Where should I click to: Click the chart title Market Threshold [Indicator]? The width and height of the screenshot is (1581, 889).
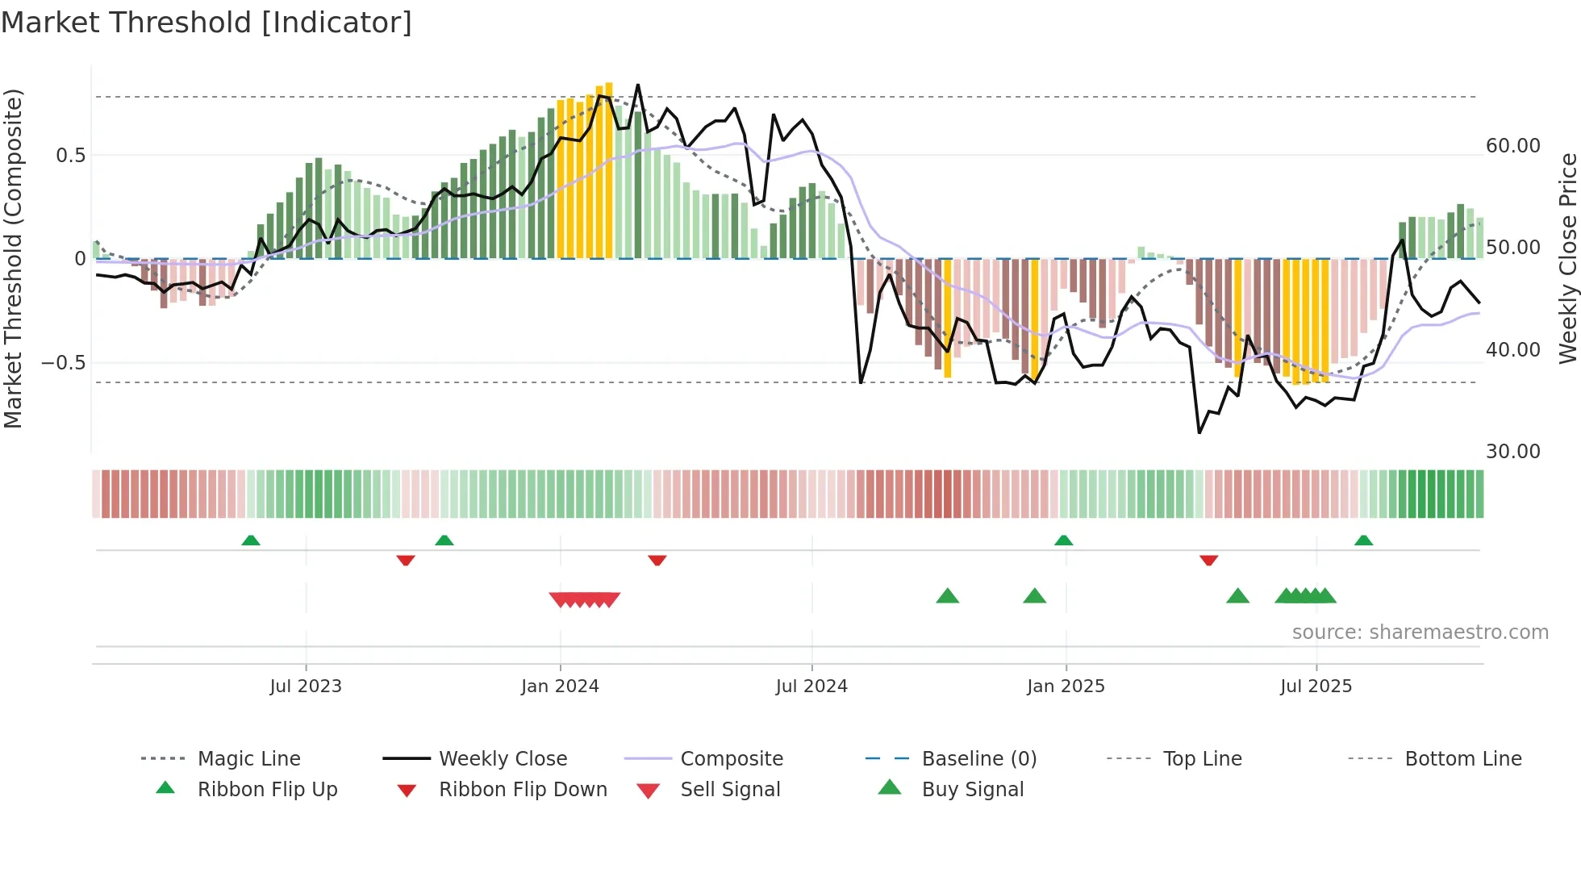point(206,23)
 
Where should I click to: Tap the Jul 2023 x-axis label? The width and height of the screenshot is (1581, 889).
point(306,687)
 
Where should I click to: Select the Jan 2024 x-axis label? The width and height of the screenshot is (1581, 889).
point(560,687)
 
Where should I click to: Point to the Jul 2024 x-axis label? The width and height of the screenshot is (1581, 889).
point(811,687)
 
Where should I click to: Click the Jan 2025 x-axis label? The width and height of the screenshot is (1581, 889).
point(1066,687)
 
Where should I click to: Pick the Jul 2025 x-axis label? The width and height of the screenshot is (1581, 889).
point(1316,687)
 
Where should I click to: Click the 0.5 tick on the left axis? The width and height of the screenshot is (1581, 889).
point(70,156)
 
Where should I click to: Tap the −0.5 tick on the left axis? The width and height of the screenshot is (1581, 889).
point(63,363)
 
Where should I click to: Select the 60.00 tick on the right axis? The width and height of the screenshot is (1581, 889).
point(1513,146)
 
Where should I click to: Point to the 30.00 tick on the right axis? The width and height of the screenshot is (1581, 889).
point(1513,452)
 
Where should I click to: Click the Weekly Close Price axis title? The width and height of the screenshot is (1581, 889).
point(1567,258)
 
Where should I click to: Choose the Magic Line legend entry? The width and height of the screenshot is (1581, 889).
point(248,759)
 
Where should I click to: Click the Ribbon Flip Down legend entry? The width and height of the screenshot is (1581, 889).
point(523,790)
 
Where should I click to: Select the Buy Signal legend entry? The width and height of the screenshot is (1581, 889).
point(972,790)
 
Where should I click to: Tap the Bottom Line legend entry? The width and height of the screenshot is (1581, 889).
point(1462,759)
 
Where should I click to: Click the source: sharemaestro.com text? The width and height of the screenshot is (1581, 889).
point(1420,632)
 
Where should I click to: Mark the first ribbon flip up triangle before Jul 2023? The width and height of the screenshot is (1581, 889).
point(251,540)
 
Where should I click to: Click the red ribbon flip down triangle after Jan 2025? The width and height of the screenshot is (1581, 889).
point(1208,560)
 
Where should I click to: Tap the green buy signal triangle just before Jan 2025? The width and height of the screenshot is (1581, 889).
point(1034,596)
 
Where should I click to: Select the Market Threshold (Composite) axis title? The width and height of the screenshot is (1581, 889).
point(13,258)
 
